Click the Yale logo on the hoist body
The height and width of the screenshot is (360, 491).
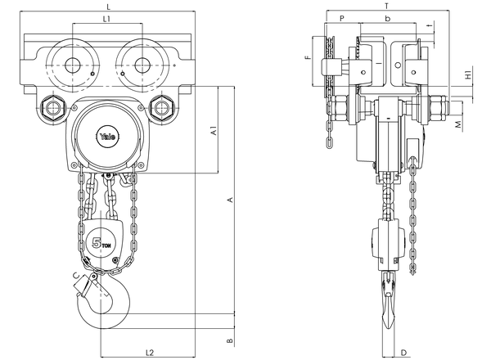(x=108, y=137)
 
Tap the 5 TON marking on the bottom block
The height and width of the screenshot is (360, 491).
(x=101, y=242)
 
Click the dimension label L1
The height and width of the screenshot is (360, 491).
(x=106, y=19)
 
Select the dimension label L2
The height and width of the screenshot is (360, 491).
(x=150, y=352)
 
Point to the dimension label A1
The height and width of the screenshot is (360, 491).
(x=214, y=131)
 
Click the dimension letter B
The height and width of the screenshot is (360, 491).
(x=230, y=340)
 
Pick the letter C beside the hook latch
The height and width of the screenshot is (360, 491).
(x=76, y=276)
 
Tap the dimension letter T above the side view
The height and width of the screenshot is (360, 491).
(x=387, y=6)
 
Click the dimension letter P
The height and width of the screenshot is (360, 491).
(x=342, y=19)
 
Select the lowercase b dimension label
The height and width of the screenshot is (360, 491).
(x=388, y=19)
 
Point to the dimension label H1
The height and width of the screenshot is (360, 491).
(x=468, y=75)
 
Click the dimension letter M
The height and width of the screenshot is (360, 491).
(x=458, y=124)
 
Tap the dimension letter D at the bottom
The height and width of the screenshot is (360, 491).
(x=404, y=353)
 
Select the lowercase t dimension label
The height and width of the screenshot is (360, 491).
(x=431, y=25)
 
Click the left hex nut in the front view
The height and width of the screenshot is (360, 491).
(x=53, y=108)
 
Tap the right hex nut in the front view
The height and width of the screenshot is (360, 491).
(x=161, y=108)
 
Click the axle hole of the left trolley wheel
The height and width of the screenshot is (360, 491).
(x=73, y=65)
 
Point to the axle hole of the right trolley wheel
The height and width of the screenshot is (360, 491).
(x=142, y=65)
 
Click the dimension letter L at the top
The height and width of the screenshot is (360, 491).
(x=108, y=6)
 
